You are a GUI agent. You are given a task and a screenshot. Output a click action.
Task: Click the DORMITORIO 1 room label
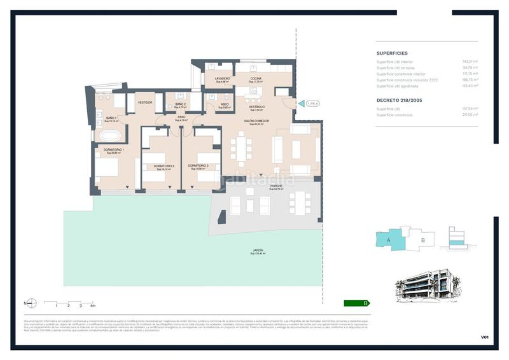115,149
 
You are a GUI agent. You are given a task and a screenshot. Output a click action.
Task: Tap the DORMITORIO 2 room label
164,167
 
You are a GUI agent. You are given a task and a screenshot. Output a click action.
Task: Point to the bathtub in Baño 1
108,135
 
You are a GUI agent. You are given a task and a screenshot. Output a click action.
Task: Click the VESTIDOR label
145,102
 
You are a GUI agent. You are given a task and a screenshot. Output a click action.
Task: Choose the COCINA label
255,79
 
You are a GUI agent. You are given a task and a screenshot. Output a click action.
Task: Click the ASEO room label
225,104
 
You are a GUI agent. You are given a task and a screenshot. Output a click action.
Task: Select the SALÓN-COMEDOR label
256,120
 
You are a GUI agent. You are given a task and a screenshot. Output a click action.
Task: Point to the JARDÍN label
258,251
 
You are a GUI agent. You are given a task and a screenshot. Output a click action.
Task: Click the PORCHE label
275,186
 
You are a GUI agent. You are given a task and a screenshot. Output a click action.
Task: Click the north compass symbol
31,303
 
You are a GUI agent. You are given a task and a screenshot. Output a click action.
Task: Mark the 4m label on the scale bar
92,306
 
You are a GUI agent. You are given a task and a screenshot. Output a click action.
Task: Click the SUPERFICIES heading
392,53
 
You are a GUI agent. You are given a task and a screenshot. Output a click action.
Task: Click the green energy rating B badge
356,303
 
